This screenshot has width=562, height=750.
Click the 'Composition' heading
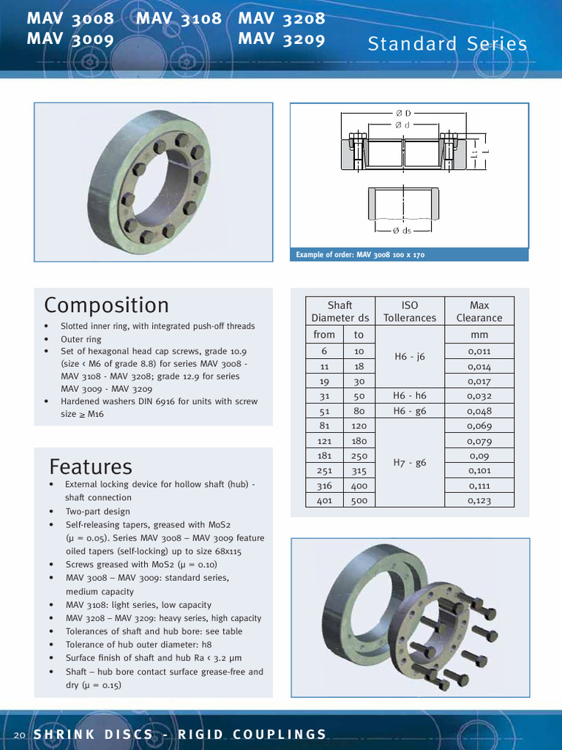tap(106, 305)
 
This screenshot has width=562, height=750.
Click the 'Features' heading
tap(91, 467)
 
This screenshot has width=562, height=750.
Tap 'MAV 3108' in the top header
tap(179, 19)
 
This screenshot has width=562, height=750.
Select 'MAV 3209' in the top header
tap(281, 40)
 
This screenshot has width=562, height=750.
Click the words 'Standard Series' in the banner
tap(447, 44)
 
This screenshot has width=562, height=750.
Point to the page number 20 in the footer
tap(20, 735)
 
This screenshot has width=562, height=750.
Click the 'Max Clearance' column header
tap(479, 311)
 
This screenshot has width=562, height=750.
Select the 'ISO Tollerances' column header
tap(410, 311)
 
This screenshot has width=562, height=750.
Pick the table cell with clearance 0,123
tap(479, 501)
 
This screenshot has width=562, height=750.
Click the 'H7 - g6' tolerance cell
tap(410, 463)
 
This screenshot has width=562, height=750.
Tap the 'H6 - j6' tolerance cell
tap(410, 357)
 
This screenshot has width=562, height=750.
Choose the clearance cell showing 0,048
tap(479, 411)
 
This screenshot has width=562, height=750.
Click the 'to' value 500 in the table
tap(359, 501)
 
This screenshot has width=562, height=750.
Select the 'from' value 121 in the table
tap(324, 441)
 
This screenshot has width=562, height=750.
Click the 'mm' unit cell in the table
tap(479, 335)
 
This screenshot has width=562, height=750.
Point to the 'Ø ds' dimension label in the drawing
tap(402, 231)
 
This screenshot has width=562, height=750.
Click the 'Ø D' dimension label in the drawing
tap(403, 113)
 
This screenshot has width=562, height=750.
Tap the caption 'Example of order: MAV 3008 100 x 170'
tap(360, 255)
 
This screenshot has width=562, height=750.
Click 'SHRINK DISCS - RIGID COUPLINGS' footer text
tap(180, 735)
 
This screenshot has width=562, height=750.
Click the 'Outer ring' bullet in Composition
tap(81, 339)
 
